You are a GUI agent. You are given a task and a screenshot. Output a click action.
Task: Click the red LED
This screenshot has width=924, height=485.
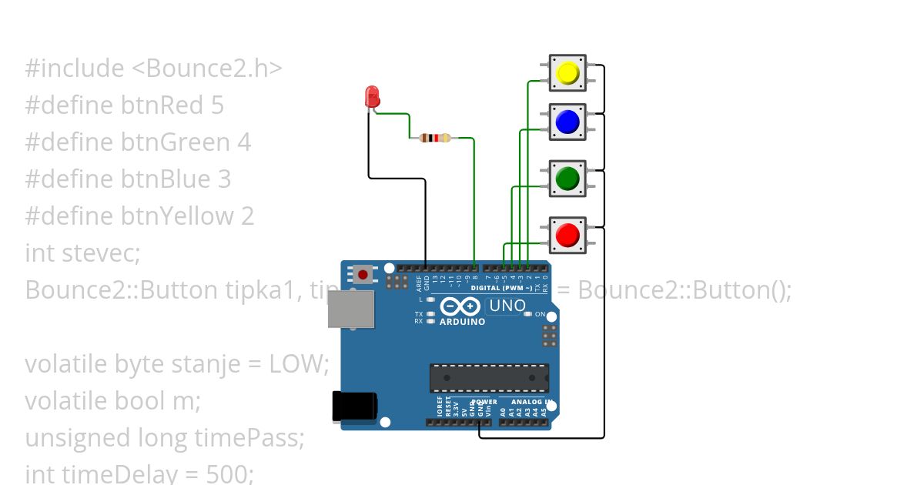tap(372, 97)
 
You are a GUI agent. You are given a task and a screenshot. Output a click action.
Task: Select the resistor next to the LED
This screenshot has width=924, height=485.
tap(435, 139)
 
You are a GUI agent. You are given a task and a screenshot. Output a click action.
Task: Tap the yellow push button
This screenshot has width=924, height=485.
tap(567, 73)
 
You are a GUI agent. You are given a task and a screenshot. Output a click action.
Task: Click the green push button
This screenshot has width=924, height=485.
tap(567, 179)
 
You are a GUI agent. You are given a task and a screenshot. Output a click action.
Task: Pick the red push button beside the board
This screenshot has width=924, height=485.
tap(567, 235)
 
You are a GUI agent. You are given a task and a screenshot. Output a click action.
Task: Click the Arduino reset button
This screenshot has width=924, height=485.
tap(362, 273)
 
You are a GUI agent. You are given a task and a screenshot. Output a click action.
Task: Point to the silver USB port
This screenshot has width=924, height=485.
tap(350, 309)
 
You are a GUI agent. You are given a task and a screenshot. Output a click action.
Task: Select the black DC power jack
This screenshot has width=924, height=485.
tap(354, 406)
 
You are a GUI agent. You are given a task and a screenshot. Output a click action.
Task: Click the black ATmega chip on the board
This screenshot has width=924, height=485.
tap(489, 378)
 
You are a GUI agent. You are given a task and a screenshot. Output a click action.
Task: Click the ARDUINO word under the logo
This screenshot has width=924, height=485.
tap(462, 322)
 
